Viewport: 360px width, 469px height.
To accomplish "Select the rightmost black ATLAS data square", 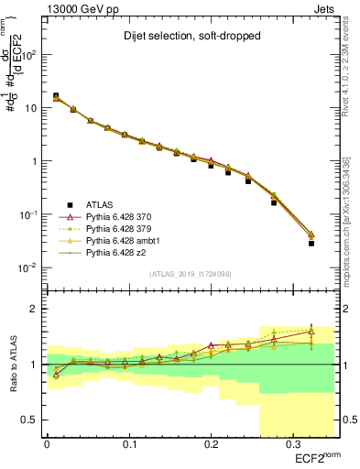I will click(x=311, y=244).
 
